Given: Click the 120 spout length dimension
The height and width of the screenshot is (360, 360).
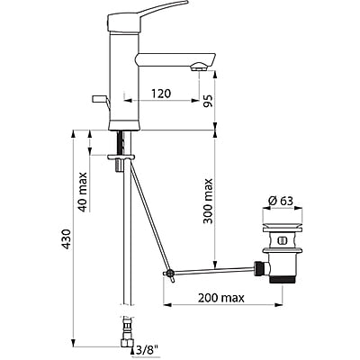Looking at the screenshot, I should coord(162,92).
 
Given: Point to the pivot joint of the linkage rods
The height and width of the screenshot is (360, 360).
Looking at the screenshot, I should coord(166,274).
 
